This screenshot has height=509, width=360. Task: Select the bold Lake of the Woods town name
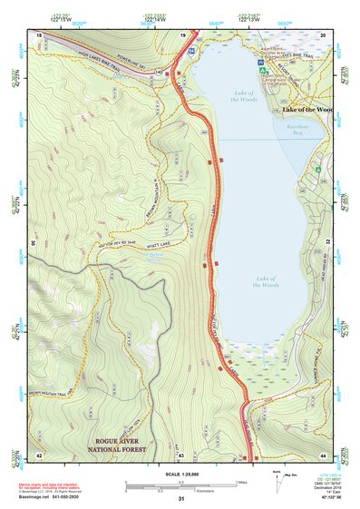(x=307, y=110)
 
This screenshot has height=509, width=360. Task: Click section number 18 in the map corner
(x=39, y=34)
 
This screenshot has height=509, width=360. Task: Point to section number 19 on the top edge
(x=182, y=34)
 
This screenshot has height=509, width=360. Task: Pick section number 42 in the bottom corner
(x=39, y=454)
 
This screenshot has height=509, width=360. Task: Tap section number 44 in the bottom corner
(x=324, y=454)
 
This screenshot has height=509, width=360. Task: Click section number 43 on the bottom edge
(x=180, y=454)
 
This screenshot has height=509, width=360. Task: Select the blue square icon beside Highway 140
(x=191, y=52)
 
